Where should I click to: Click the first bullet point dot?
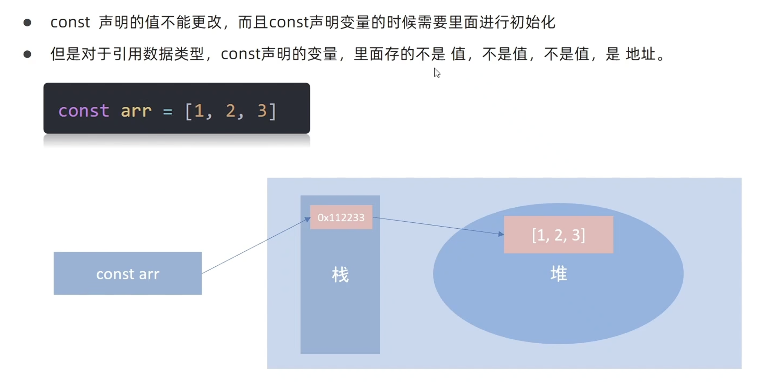click(x=27, y=23)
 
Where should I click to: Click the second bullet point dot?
click(x=27, y=54)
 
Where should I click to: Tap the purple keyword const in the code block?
click(x=84, y=111)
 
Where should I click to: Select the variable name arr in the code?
click(x=136, y=111)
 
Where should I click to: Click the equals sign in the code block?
click(x=167, y=111)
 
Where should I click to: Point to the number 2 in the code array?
click(x=230, y=111)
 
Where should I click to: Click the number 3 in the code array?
click(x=262, y=111)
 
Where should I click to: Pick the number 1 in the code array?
click(x=199, y=111)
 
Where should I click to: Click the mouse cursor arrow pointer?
click(x=437, y=73)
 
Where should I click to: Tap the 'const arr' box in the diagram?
click(x=127, y=273)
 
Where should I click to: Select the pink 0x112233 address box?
click(x=341, y=217)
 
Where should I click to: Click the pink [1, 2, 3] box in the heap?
click(x=558, y=235)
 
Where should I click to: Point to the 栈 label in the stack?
click(x=340, y=275)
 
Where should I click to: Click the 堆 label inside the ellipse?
click(x=558, y=274)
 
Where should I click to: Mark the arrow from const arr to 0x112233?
click(x=256, y=246)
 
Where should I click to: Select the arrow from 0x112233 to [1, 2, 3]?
click(x=438, y=226)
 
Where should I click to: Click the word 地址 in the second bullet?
click(x=641, y=54)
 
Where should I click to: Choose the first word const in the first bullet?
click(x=70, y=23)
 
